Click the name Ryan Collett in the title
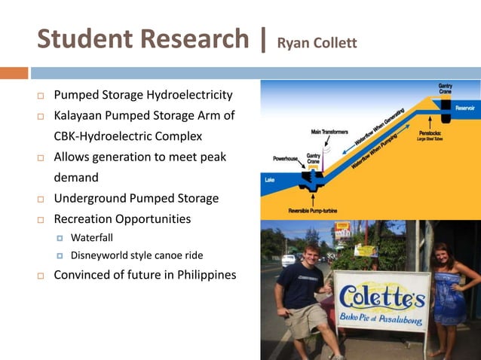(x=317, y=42)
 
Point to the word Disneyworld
(x=101, y=255)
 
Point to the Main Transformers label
(x=329, y=132)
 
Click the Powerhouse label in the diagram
(x=286, y=159)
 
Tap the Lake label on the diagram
(x=269, y=180)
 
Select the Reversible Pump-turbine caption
(x=315, y=210)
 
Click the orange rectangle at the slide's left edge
(x=14, y=73)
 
